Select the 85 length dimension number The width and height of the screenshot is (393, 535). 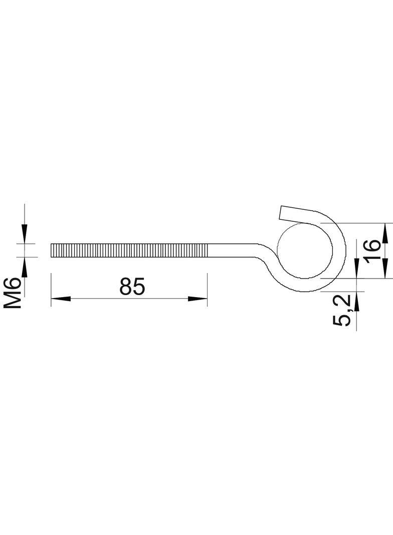point(132,286)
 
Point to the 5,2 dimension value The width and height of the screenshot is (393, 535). point(342,310)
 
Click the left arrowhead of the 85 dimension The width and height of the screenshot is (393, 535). point(61,299)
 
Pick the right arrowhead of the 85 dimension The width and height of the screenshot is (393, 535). point(198,299)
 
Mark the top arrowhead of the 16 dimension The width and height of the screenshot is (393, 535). point(385,233)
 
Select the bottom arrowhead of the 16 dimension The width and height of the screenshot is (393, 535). point(385,269)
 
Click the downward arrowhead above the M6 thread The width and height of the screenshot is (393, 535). point(24,234)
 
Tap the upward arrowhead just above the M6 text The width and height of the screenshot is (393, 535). point(24,267)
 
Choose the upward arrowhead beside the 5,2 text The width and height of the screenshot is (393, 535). point(356,301)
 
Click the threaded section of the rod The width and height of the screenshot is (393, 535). point(129,250)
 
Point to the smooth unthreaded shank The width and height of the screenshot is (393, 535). point(233,250)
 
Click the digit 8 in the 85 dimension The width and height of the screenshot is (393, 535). point(126,286)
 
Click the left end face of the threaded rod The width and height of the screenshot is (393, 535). point(51,250)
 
